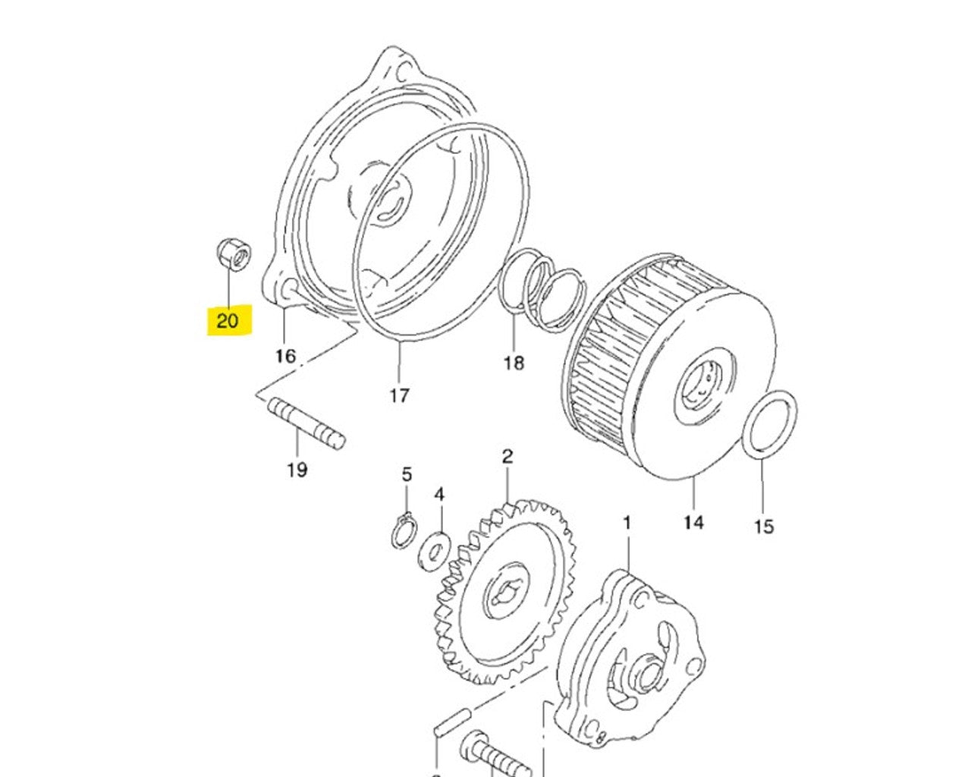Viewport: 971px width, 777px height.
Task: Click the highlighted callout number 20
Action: tap(228, 320)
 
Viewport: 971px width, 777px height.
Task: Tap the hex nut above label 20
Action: tap(232, 255)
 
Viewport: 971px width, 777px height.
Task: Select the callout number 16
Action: tap(285, 356)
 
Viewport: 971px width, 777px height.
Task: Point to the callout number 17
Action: tap(399, 395)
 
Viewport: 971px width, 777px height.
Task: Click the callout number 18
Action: tap(514, 363)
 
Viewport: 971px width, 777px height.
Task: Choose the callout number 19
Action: tap(297, 470)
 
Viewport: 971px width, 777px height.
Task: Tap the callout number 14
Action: tap(693, 522)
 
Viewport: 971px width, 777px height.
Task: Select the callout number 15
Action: tap(764, 526)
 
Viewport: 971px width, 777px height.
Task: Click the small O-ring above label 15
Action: tap(769, 425)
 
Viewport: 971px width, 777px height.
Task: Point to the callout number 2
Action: tap(507, 457)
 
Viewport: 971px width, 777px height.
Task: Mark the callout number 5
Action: tap(407, 475)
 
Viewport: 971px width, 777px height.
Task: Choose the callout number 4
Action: tap(438, 495)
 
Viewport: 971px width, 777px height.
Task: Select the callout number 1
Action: tap(627, 523)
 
